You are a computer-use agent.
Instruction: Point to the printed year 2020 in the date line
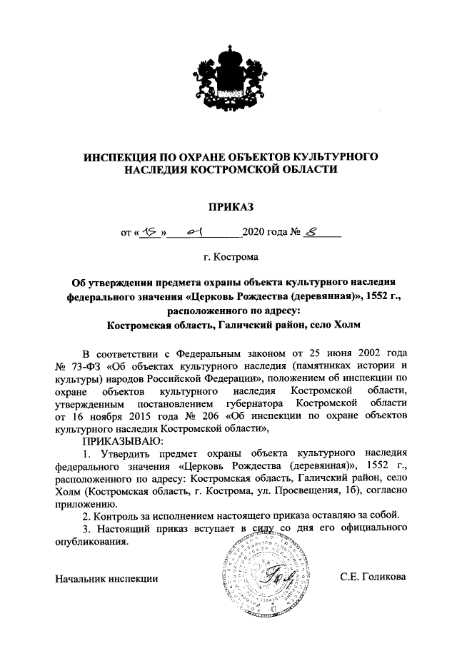255,232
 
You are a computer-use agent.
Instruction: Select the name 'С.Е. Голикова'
372,577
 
